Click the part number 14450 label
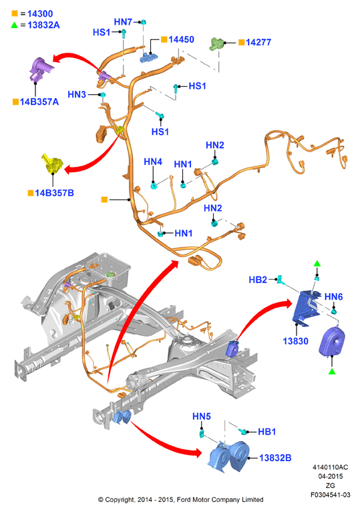click(x=181, y=39)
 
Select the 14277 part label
click(x=258, y=42)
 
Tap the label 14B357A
click(x=39, y=102)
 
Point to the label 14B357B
click(x=54, y=193)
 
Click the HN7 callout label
click(x=123, y=22)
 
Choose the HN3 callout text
click(x=77, y=94)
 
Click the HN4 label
click(x=153, y=162)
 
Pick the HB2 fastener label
click(x=258, y=280)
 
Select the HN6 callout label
click(x=333, y=296)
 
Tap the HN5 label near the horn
click(x=201, y=417)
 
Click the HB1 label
click(x=266, y=432)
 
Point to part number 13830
click(x=295, y=341)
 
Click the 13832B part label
click(x=275, y=458)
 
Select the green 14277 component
click(x=216, y=43)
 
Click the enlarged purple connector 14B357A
click(x=40, y=69)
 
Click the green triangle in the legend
click(x=15, y=25)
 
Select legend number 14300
click(x=40, y=14)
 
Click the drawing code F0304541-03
click(x=331, y=495)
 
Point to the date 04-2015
click(x=331, y=477)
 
